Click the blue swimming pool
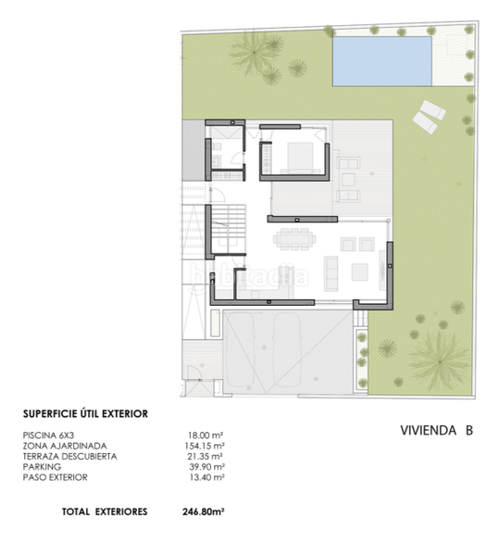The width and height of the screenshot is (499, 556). [x=381, y=61]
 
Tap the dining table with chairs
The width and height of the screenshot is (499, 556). [x=294, y=239]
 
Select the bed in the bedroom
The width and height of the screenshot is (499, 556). [x=300, y=158]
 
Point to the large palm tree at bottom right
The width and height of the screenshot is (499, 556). [x=440, y=361]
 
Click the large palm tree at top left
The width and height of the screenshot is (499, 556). [x=255, y=52]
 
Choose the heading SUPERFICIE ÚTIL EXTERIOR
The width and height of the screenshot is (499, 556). [x=85, y=414]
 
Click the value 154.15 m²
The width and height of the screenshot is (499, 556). [x=205, y=446]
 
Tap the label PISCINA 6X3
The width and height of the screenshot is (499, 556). [x=48, y=436]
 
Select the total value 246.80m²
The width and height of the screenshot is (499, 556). [x=204, y=512]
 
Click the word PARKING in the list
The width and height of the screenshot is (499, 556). [x=42, y=467]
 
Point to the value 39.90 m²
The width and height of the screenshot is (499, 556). [x=206, y=467]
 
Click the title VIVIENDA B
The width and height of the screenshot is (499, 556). [x=437, y=430]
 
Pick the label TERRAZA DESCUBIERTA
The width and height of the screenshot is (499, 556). [x=69, y=456]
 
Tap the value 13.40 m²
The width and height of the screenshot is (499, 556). [x=206, y=477]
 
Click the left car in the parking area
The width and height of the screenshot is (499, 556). [x=240, y=350]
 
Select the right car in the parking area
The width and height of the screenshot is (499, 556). [x=287, y=350]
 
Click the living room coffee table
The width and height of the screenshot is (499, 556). [x=359, y=272]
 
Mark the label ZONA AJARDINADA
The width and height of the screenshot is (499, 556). [x=65, y=446]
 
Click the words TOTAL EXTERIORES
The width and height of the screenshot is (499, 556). [x=105, y=512]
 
